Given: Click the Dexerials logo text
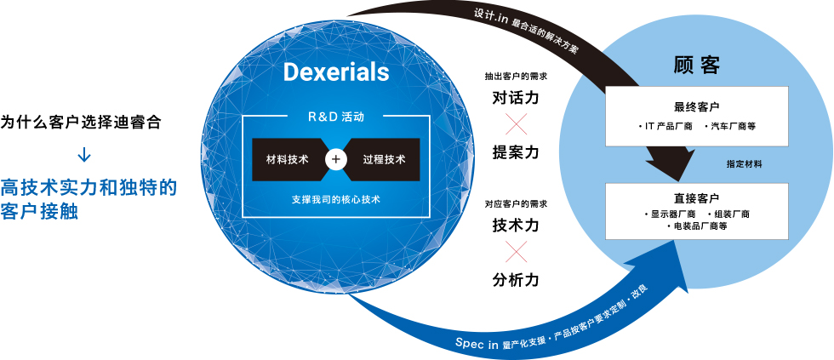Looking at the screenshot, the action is (336, 73).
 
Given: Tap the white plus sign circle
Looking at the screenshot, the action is (335, 159).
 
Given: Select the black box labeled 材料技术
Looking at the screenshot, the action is (288, 159).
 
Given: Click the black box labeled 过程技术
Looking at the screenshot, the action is (383, 159).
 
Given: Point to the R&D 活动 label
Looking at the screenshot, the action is (336, 117).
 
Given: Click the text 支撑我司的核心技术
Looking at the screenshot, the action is (335, 200).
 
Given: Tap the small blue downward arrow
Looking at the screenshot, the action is (84, 155).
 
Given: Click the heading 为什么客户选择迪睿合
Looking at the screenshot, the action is (81, 123).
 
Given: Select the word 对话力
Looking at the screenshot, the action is (516, 99).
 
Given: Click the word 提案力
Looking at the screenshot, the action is (516, 152).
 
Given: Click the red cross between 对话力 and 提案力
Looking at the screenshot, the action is (516, 124).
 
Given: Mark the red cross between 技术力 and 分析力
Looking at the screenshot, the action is (516, 252).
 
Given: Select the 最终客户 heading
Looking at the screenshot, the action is (697, 106).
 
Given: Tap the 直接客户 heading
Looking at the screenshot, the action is (697, 198).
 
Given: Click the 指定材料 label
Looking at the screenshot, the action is (744, 164).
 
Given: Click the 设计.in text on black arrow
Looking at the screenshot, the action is (490, 16).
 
